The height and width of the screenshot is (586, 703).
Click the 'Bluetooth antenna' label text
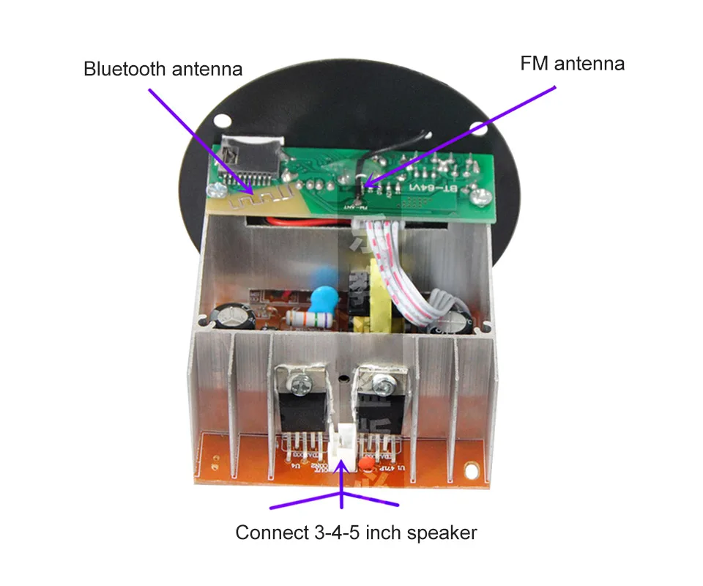tap(163, 70)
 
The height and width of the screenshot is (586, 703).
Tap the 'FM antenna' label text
tap(572, 64)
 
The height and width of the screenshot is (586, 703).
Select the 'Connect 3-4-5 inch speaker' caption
tap(356, 532)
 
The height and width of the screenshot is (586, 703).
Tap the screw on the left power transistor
tap(300, 381)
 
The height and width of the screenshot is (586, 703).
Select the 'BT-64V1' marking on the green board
tap(436, 188)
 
